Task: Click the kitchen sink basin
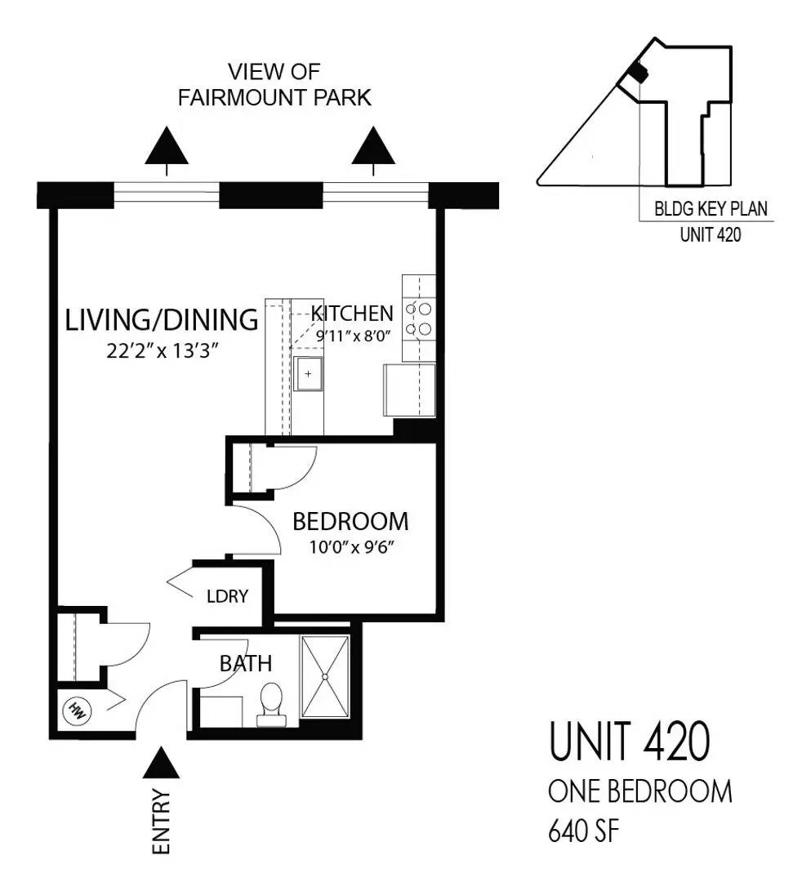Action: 308,374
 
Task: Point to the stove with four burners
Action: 418,318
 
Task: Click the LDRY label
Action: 226,595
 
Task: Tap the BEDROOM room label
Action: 350,521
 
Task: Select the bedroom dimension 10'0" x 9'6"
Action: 350,548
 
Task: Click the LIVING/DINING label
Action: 162,319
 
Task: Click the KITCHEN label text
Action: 352,313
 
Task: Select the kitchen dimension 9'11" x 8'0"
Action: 351,333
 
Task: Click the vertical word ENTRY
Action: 162,821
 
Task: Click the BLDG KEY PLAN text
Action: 711,209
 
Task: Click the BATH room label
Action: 245,664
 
